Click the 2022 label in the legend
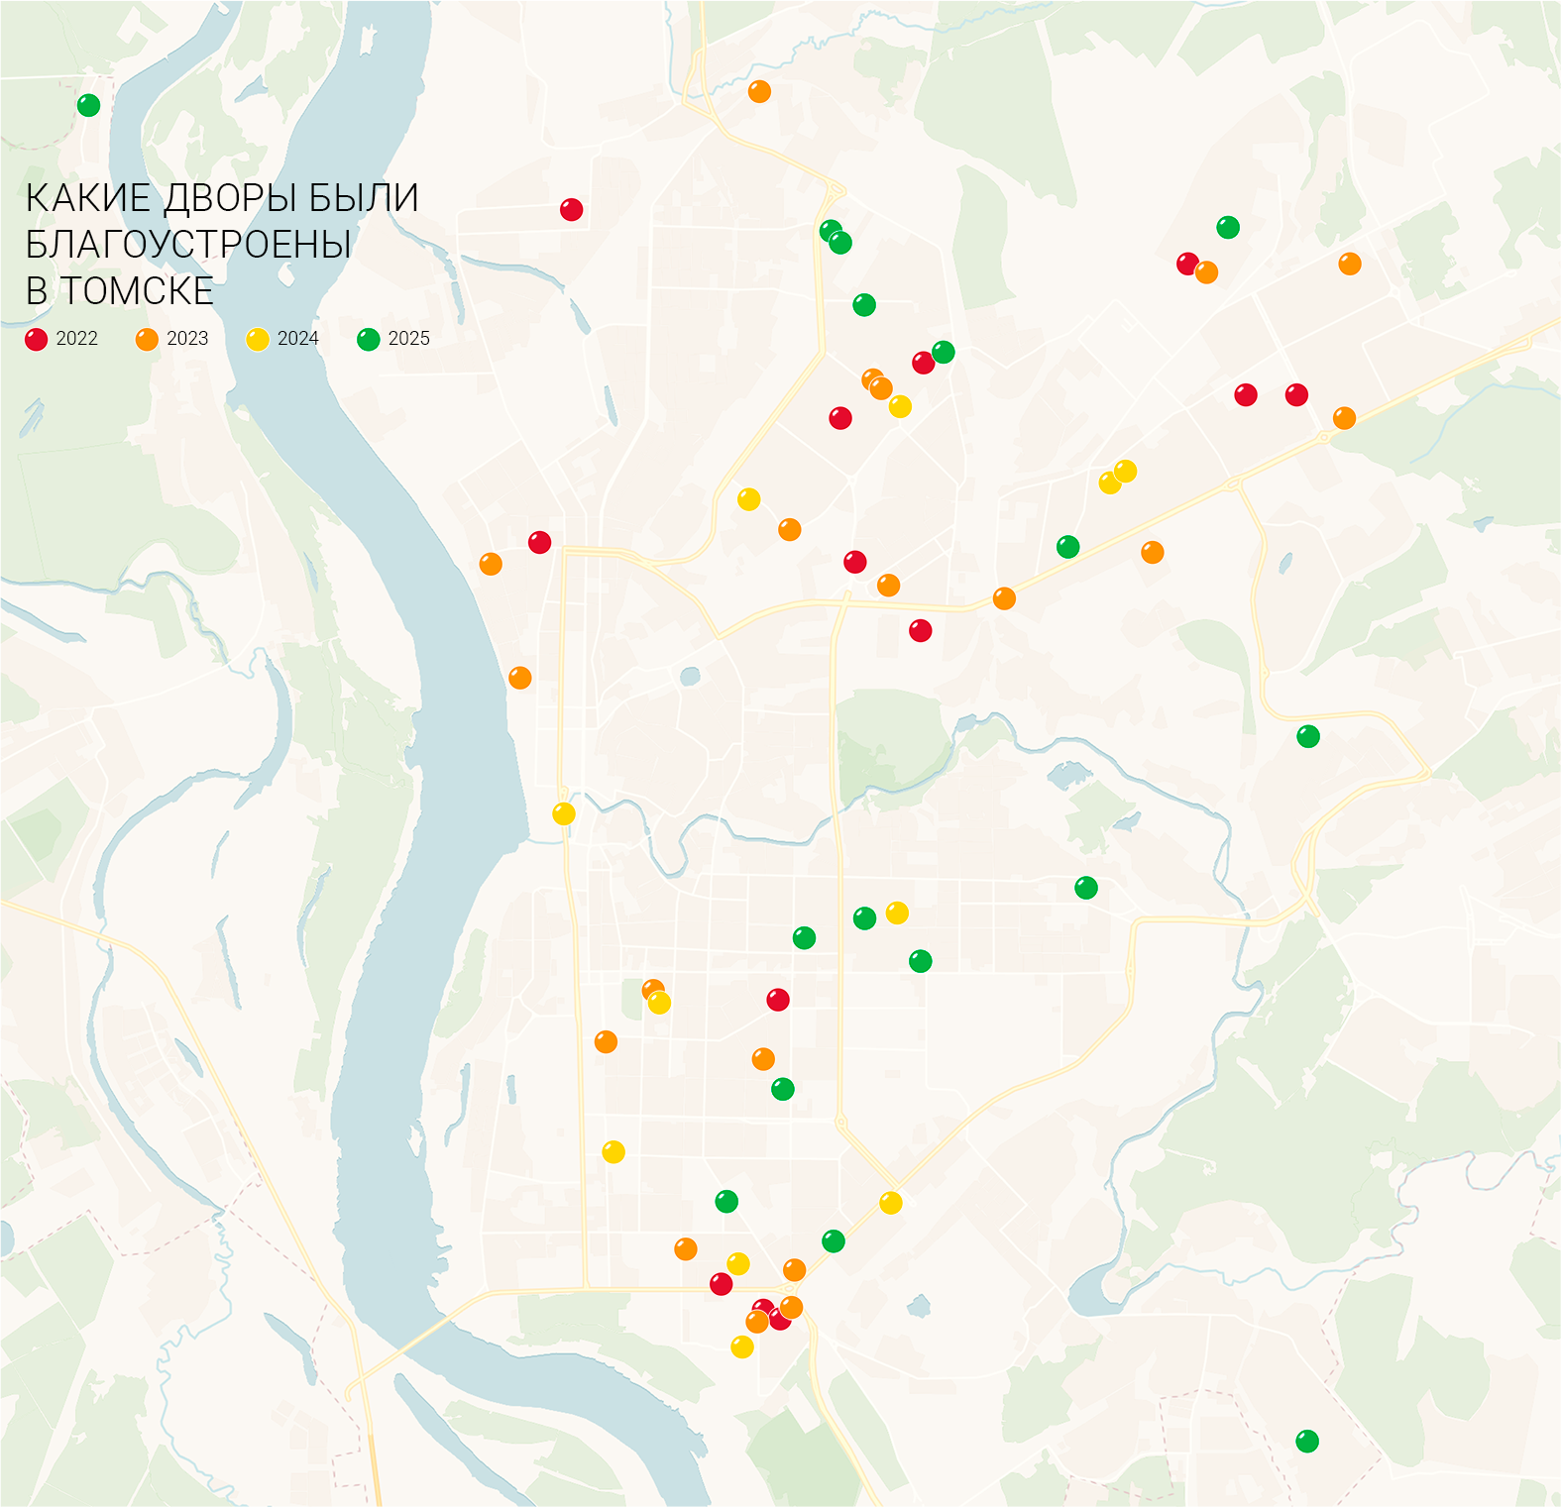pyautogui.click(x=76, y=339)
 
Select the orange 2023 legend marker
pyautogui.click(x=147, y=340)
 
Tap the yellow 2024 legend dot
pyautogui.click(x=258, y=340)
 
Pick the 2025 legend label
pyautogui.click(x=408, y=339)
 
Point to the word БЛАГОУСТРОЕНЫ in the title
pyautogui.click(x=188, y=245)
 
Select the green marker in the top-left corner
pyautogui.click(x=88, y=105)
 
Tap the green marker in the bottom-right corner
pyautogui.click(x=1307, y=1442)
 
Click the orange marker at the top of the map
pyautogui.click(x=759, y=92)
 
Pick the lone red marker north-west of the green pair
pyautogui.click(x=571, y=210)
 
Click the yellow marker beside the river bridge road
pyautogui.click(x=564, y=814)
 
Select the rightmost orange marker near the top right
pyautogui.click(x=1350, y=264)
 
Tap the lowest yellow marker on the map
pyautogui.click(x=742, y=1347)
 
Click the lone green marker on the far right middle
pyautogui.click(x=1308, y=736)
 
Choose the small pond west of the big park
pyautogui.click(x=690, y=678)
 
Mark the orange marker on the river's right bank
pyautogui.click(x=519, y=678)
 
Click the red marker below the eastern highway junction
pyautogui.click(x=920, y=630)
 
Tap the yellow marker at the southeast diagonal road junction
pyautogui.click(x=891, y=1203)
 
